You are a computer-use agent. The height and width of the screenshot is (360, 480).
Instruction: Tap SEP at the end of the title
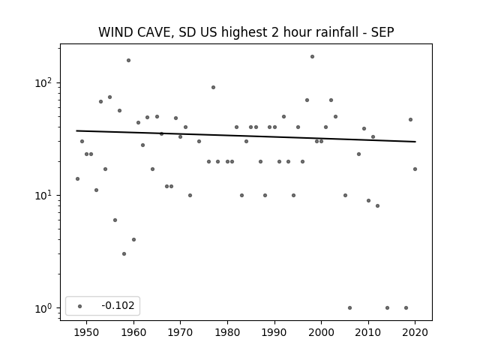[382, 32]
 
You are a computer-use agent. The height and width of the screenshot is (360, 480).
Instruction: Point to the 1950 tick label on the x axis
[87, 332]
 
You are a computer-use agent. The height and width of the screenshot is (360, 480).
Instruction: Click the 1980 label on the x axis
[227, 332]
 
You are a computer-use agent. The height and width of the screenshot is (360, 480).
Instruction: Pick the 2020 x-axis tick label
[415, 332]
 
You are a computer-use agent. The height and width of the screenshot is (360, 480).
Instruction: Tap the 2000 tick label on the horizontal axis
[322, 332]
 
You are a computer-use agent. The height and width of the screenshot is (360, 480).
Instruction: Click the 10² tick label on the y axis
[44, 83]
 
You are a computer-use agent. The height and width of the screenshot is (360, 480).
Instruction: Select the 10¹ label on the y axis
[44, 195]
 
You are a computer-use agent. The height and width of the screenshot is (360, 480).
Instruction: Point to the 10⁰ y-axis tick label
[44, 308]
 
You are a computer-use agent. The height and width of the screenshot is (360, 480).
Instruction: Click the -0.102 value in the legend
[118, 305]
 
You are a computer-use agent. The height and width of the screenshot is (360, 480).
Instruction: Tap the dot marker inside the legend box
[80, 306]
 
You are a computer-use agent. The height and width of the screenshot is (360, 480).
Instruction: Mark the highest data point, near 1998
[312, 57]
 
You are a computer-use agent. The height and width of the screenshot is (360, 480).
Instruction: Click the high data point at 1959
[128, 60]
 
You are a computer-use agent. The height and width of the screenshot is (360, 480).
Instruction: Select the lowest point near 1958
[124, 253]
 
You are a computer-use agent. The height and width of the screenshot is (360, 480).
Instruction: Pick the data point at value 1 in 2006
[350, 308]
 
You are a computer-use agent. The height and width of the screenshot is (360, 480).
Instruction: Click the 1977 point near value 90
[213, 87]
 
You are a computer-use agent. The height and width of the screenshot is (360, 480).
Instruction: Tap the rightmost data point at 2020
[415, 169]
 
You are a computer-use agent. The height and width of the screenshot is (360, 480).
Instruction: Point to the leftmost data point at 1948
[77, 178]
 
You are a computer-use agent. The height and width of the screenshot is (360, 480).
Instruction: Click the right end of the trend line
[415, 142]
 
